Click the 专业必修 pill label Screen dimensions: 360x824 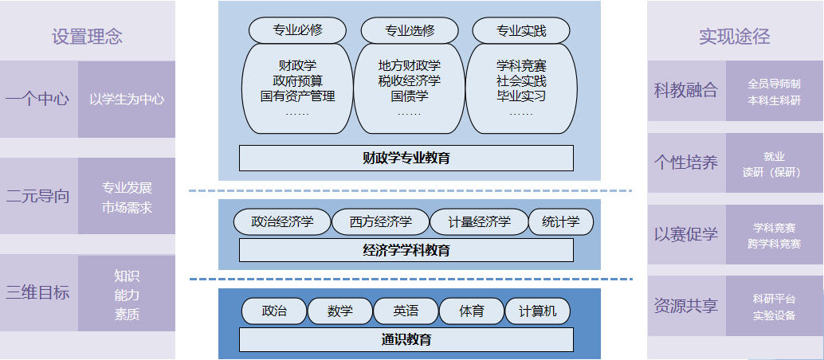[297, 31]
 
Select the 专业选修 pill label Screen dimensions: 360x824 [410, 31]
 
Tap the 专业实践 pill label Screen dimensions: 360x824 [521, 31]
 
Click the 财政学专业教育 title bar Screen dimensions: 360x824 [406, 158]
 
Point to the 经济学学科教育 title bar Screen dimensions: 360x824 [406, 250]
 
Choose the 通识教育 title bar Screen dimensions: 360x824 [406, 339]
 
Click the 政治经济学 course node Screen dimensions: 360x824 [281, 222]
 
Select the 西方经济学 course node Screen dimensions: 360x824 [380, 222]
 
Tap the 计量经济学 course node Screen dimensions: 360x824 [479, 222]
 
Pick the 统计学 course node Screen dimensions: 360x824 [560, 222]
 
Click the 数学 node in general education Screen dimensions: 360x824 [339, 311]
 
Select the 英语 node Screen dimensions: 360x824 [405, 311]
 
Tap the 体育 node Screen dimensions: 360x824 [471, 311]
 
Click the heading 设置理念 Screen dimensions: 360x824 [87, 37]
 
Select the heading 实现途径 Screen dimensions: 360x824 [734, 37]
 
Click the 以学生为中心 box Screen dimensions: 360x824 [127, 100]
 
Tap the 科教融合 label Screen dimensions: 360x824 [685, 91]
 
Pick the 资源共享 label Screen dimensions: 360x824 [685, 306]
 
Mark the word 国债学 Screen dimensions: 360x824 [410, 96]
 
